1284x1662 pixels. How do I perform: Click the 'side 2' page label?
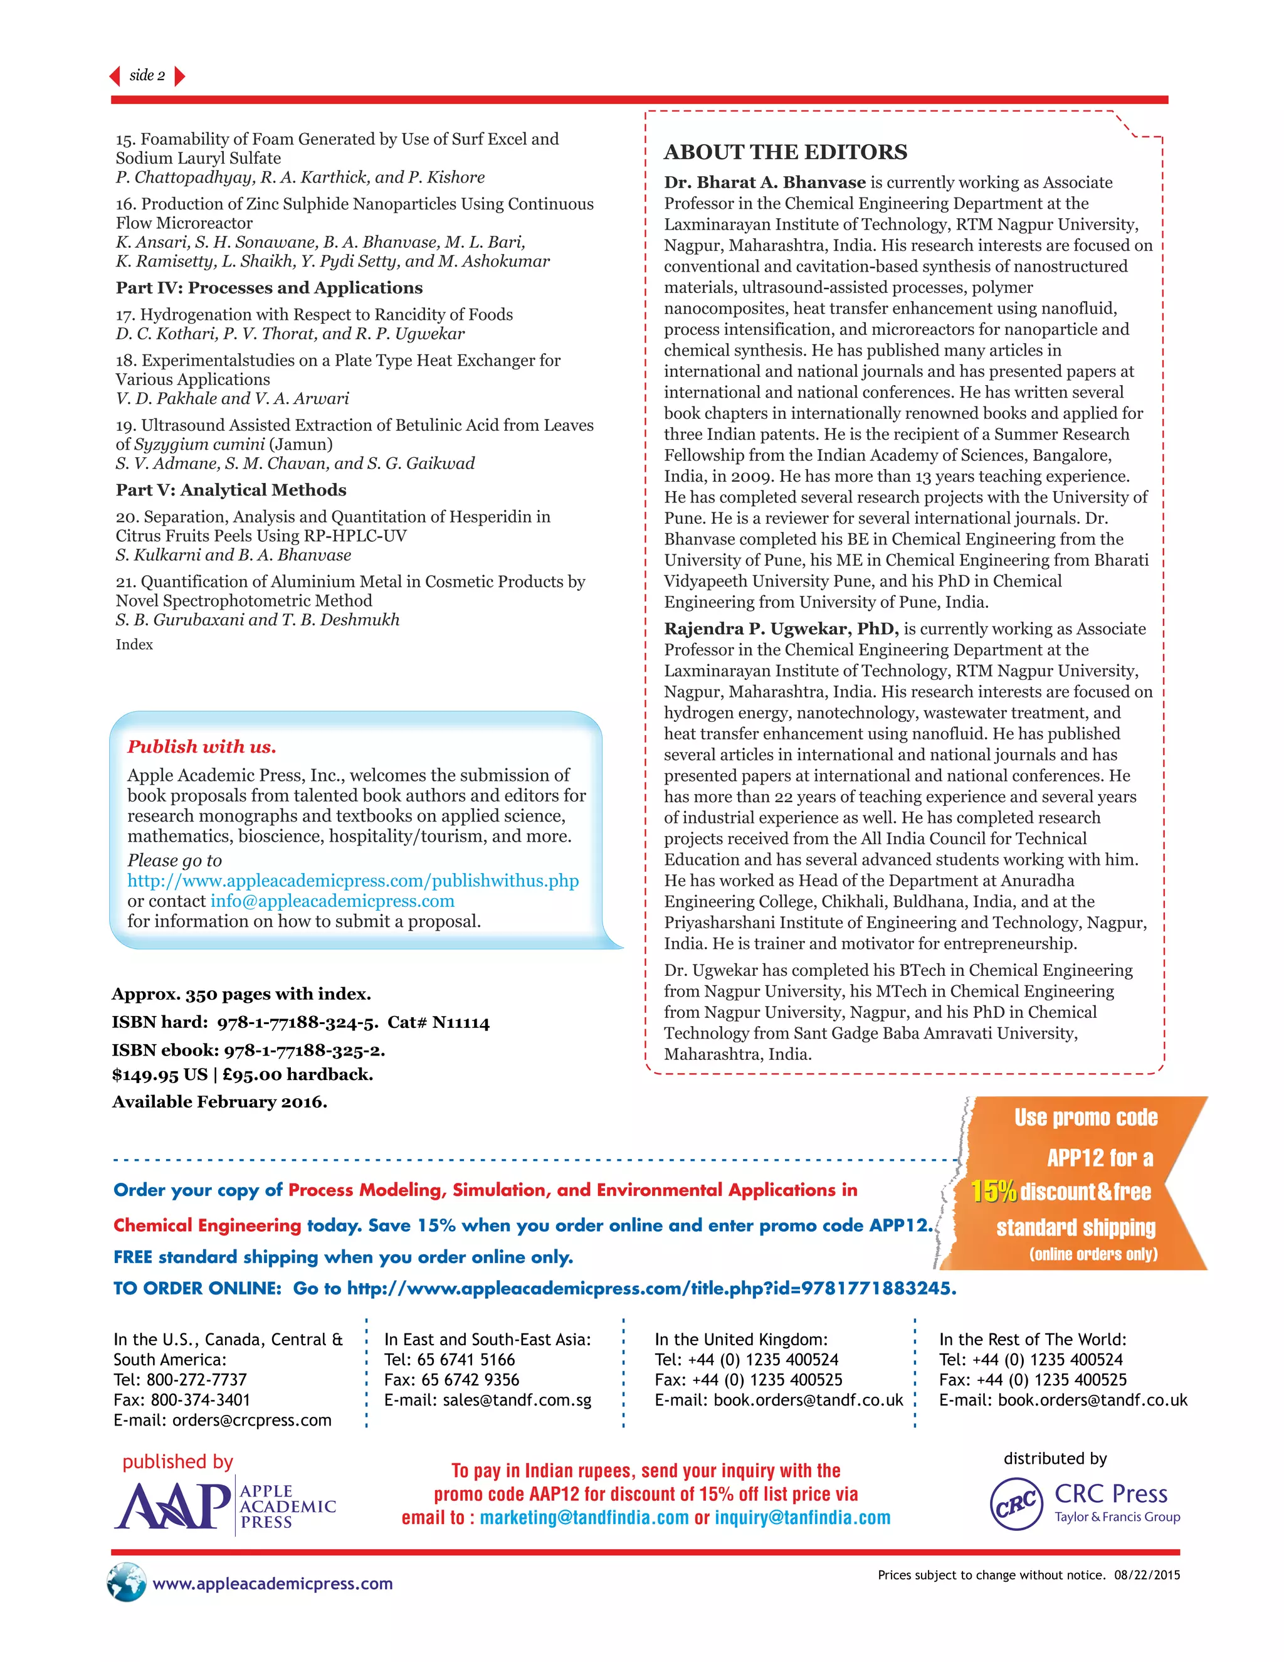pyautogui.click(x=147, y=75)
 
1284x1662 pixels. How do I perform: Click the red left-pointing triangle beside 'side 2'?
pyautogui.click(x=115, y=75)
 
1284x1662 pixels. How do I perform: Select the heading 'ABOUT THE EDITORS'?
pyautogui.click(x=785, y=152)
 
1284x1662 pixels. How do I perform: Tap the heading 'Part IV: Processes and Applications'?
pyautogui.click(x=269, y=288)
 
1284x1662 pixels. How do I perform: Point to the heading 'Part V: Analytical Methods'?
pyautogui.click(x=231, y=490)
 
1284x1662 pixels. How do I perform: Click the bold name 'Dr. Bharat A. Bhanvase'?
pyautogui.click(x=764, y=183)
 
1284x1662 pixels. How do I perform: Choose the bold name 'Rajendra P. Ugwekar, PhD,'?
pyautogui.click(x=781, y=628)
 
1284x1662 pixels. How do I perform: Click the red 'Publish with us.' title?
pyautogui.click(x=202, y=746)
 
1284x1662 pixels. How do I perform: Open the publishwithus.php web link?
pyautogui.click(x=353, y=881)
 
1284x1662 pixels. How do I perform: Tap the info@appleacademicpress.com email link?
pyautogui.click(x=332, y=901)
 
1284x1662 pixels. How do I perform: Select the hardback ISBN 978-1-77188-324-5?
pyautogui.click(x=297, y=1022)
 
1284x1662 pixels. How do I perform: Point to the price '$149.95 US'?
pyautogui.click(x=160, y=1074)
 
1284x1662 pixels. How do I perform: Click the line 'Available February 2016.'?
pyautogui.click(x=220, y=1102)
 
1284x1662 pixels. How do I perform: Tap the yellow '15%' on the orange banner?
pyautogui.click(x=994, y=1192)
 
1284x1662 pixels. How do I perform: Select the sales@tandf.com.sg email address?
pyautogui.click(x=517, y=1400)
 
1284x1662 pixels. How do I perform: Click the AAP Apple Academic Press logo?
pyautogui.click(x=225, y=1506)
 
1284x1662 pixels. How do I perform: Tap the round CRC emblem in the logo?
pyautogui.click(x=1016, y=1504)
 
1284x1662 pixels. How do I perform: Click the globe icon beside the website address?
pyautogui.click(x=126, y=1582)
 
